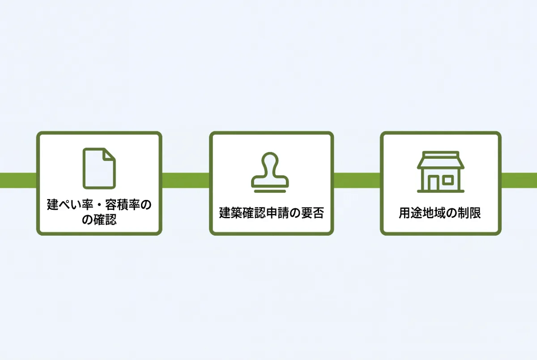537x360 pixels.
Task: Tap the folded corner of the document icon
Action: click(x=109, y=155)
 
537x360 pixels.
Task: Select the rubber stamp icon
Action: click(x=270, y=172)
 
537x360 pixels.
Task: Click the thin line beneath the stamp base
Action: click(x=270, y=191)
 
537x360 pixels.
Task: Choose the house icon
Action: click(x=441, y=172)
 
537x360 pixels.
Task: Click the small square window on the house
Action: click(x=448, y=180)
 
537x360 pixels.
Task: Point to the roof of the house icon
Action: click(x=441, y=161)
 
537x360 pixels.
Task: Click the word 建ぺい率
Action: click(x=70, y=205)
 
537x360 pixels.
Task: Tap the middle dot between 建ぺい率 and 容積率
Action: click(x=99, y=205)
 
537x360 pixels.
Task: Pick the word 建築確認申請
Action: click(x=254, y=213)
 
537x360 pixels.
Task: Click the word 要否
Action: click(x=312, y=213)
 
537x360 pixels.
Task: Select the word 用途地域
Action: click(x=422, y=213)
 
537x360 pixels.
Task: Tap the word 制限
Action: click(x=469, y=213)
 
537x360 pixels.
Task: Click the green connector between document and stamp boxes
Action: click(x=186, y=180)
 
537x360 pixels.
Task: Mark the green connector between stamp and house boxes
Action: click(x=357, y=180)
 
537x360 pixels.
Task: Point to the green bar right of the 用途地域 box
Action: click(x=519, y=180)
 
